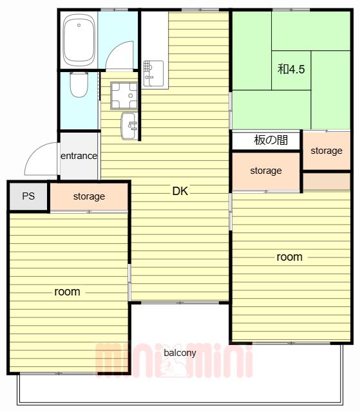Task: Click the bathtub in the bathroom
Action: point(79,41)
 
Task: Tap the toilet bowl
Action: point(79,85)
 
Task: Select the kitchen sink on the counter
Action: point(153,73)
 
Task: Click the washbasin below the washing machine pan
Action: point(129,126)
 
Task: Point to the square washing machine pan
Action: point(124,96)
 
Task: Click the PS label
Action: point(28,196)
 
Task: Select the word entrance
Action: point(79,156)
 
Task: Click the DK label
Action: point(180,191)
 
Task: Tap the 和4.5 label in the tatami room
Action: point(291,69)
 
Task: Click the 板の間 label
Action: point(271,140)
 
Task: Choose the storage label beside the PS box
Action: point(89,196)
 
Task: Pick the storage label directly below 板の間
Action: point(266,171)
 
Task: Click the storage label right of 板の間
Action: point(327,151)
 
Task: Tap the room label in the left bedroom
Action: point(67,292)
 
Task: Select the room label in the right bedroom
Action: point(290,257)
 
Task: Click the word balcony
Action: point(180,353)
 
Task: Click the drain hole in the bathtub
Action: point(79,25)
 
